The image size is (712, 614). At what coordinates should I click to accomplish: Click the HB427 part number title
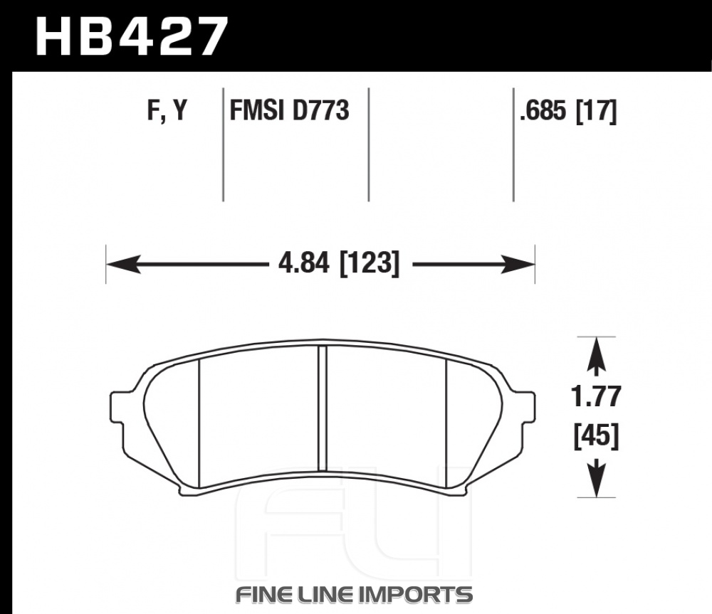tap(131, 36)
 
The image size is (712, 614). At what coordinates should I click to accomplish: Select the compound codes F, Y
tap(167, 110)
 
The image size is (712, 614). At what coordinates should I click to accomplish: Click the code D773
tap(320, 110)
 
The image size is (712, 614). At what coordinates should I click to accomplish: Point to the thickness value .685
tap(544, 110)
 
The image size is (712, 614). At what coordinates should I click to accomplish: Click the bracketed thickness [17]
tap(596, 111)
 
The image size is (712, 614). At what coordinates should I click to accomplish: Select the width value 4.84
tap(303, 263)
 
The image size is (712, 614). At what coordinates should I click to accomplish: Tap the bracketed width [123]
tap(370, 264)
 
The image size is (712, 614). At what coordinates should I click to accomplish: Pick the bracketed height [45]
tap(596, 437)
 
